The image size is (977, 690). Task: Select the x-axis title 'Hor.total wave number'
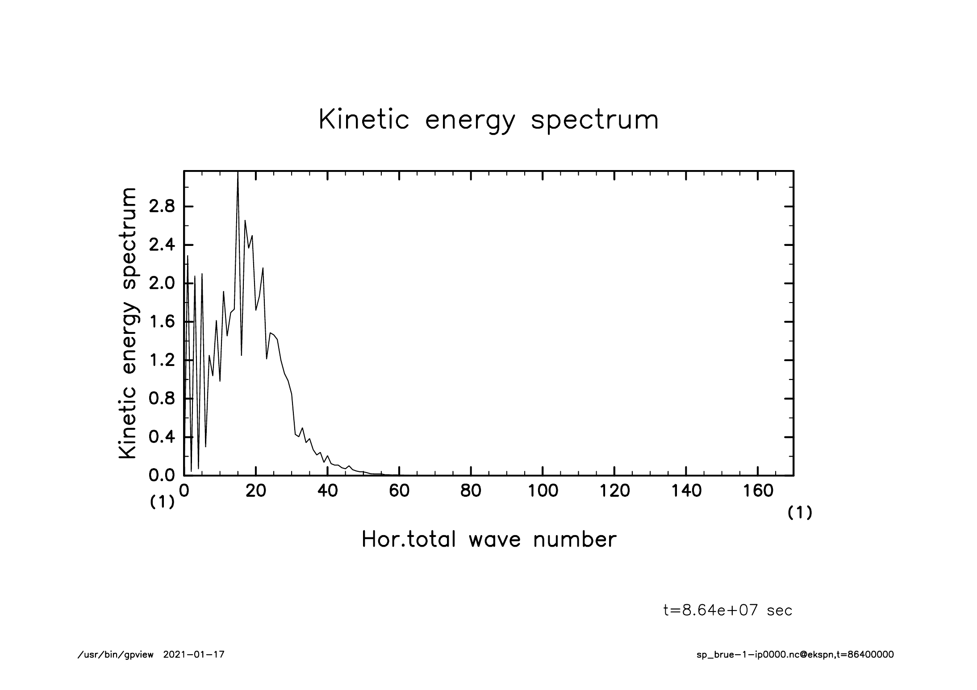click(x=488, y=539)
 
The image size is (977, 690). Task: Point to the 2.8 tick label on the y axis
click(x=162, y=207)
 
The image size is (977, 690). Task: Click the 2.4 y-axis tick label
click(x=162, y=245)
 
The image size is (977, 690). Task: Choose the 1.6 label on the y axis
click(x=162, y=322)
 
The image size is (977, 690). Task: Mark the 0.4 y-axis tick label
click(x=162, y=437)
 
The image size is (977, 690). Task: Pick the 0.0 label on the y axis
click(x=162, y=476)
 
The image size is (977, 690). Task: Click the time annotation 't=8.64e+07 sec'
click(x=728, y=611)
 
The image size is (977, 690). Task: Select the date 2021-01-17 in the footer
click(x=194, y=655)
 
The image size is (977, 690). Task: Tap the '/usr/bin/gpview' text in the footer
click(x=116, y=655)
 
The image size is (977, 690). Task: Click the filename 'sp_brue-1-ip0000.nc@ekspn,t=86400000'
click(x=795, y=655)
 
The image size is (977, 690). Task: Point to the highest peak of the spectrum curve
click(x=238, y=173)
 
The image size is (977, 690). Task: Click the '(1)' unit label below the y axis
click(x=162, y=503)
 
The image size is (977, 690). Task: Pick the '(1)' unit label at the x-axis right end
click(x=799, y=513)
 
